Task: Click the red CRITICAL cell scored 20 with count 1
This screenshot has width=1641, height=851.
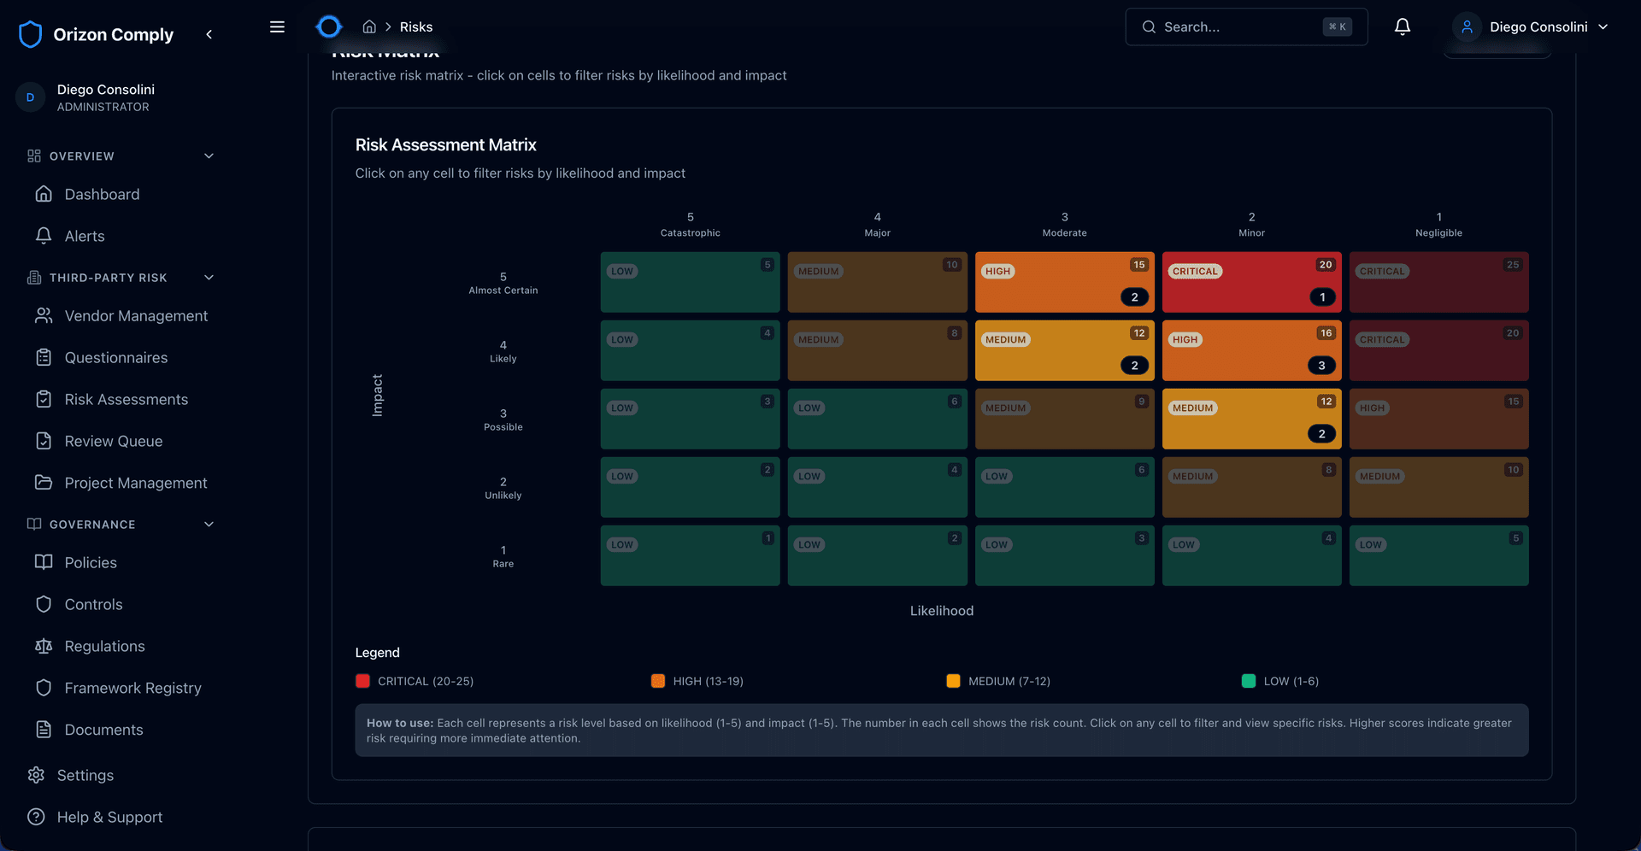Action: [1250, 282]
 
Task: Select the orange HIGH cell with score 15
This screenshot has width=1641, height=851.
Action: [1064, 282]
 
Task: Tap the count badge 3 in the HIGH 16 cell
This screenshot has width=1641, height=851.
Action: [1321, 366]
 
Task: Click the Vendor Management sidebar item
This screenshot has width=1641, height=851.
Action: [136, 316]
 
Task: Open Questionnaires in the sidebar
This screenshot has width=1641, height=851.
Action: [116, 358]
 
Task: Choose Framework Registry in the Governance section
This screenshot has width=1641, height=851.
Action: [132, 689]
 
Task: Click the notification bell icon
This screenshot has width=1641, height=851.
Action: [1402, 27]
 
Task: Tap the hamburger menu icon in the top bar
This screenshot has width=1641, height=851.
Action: [277, 27]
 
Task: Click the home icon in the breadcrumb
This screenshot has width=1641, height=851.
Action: [369, 27]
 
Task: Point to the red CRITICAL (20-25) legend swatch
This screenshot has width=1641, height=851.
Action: [362, 681]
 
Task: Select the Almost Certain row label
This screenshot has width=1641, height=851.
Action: [503, 283]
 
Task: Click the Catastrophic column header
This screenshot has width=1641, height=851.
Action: [690, 225]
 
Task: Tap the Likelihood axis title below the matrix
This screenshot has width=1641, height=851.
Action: [941, 611]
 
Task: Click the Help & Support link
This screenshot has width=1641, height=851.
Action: [109, 818]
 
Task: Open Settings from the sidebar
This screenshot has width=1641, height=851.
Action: [85, 776]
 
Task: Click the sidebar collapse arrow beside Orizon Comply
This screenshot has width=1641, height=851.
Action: [209, 34]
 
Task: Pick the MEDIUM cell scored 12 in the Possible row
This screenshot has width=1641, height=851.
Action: [1250, 419]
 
